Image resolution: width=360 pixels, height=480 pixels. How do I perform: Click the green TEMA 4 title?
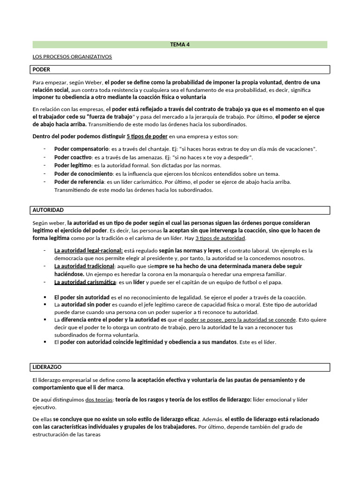(180, 45)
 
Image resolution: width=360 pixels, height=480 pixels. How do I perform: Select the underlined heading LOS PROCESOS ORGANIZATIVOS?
(72, 57)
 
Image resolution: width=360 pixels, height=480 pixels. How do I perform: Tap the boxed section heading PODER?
(41, 69)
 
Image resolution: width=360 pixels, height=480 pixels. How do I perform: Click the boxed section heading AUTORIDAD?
(48, 210)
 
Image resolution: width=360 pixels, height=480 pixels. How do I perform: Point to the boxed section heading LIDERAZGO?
(47, 367)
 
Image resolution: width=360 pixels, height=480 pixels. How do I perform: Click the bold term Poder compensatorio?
(81, 149)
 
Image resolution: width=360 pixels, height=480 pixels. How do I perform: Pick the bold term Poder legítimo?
(73, 165)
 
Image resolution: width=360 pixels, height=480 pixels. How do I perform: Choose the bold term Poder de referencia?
(79, 181)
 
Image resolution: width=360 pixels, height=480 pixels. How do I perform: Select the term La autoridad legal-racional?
(89, 250)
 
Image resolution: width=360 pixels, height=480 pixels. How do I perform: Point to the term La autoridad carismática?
(85, 282)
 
